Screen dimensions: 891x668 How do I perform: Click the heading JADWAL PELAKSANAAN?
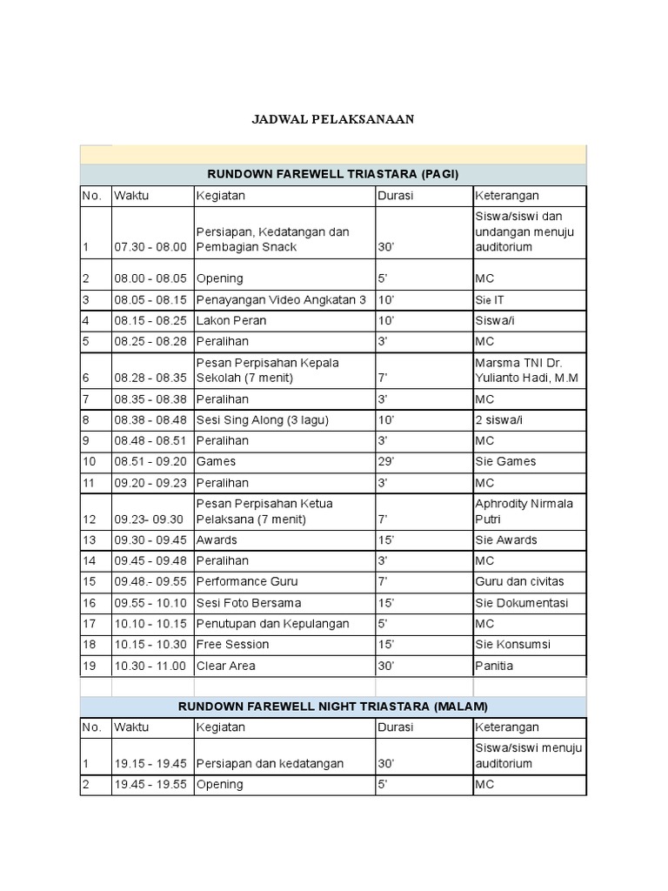point(333,120)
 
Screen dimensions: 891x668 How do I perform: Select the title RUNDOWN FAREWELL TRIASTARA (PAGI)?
point(333,173)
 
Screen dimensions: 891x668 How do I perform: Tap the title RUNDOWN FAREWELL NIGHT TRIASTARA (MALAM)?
point(333,706)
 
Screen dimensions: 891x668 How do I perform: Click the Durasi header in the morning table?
point(396,196)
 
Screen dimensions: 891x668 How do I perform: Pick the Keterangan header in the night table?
point(507,727)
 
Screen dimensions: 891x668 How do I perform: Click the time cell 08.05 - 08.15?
point(150,300)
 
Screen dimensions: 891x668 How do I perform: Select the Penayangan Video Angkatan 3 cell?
point(281,300)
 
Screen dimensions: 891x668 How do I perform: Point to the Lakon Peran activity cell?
point(231,321)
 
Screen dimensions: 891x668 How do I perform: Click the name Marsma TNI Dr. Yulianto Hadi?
point(526,371)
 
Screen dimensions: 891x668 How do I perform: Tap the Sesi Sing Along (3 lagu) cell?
point(263,420)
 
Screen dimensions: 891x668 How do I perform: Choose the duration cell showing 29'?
point(386,462)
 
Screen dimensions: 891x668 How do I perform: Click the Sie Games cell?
point(505,462)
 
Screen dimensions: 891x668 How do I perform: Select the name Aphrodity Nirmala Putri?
point(524,512)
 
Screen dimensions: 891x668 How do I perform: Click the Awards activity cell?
point(217,540)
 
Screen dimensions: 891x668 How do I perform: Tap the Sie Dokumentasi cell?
point(521,603)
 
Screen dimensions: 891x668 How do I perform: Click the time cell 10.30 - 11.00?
point(150,666)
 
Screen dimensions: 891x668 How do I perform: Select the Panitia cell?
point(494,666)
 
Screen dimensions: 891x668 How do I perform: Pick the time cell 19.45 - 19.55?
point(150,785)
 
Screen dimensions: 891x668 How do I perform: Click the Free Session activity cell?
point(232,645)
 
